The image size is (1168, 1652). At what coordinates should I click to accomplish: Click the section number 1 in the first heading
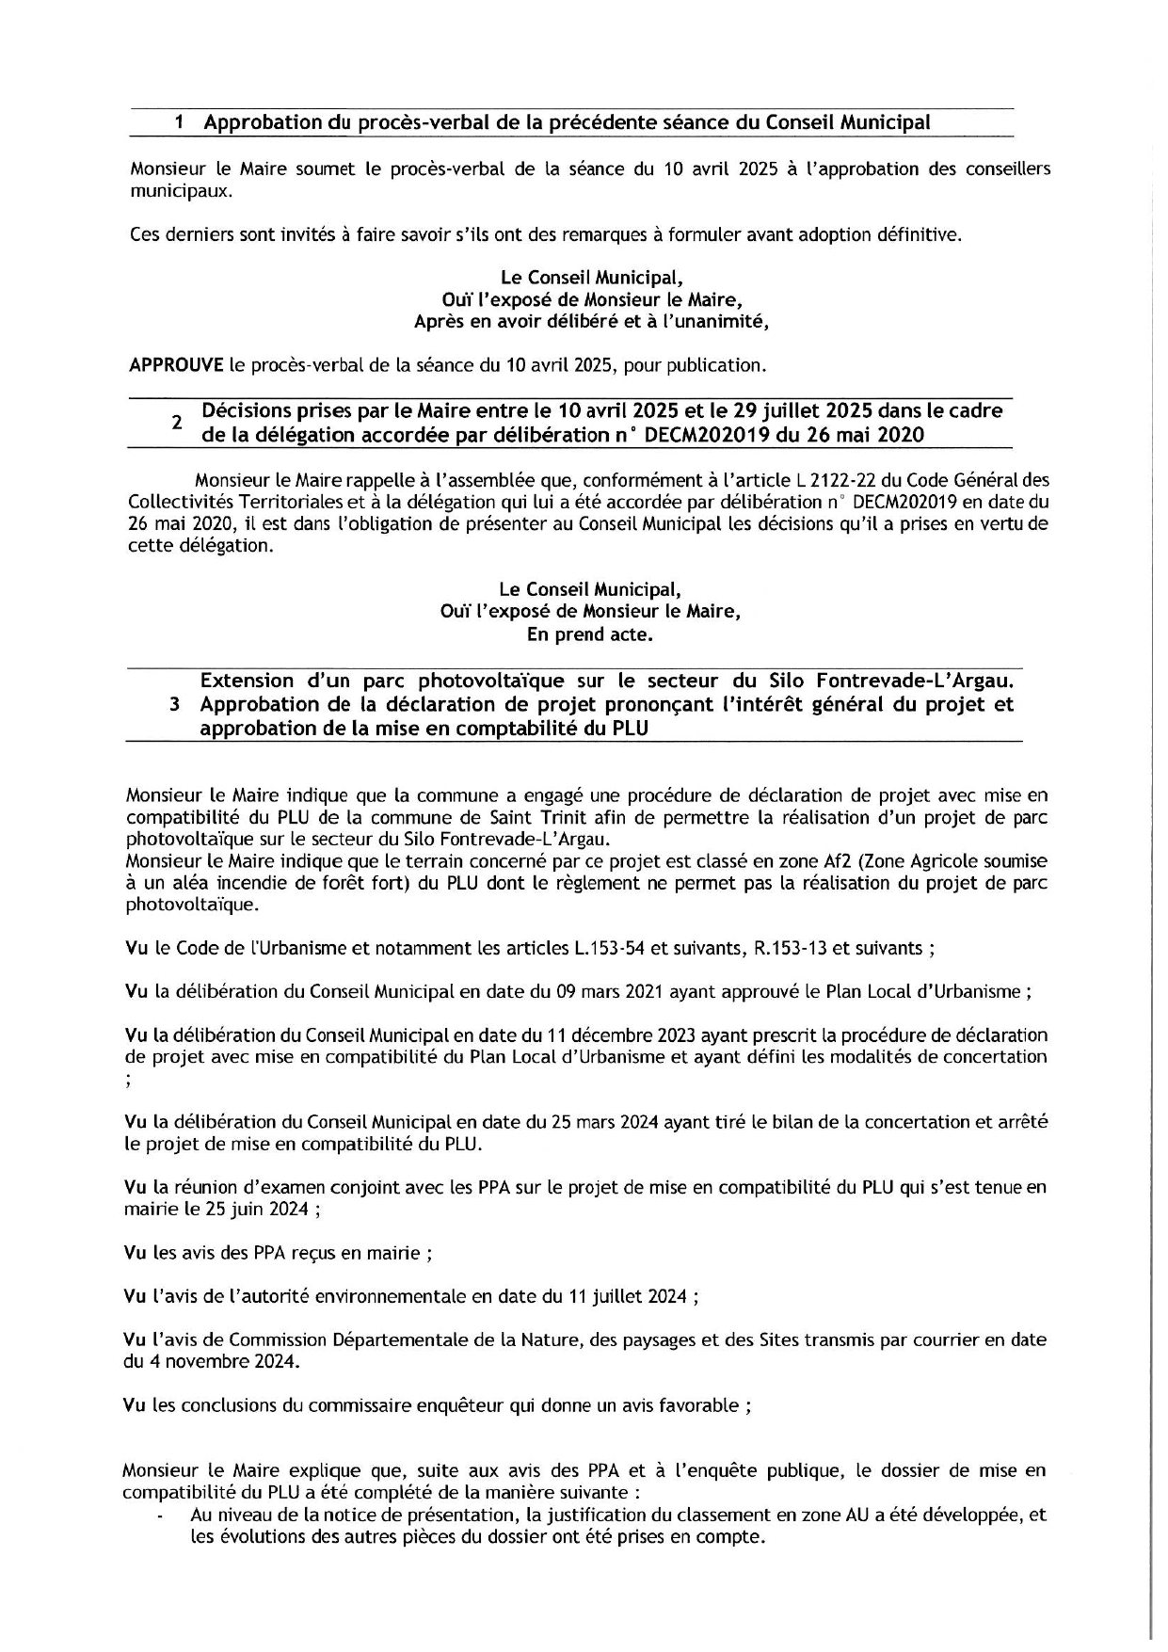coord(180,122)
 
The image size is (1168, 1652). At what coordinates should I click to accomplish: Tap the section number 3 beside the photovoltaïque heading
coord(175,705)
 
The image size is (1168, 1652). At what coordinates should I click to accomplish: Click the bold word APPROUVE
coord(175,364)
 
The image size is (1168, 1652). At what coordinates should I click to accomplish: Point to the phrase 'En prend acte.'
coord(589,634)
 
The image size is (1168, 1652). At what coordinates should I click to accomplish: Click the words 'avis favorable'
coord(690,1405)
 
